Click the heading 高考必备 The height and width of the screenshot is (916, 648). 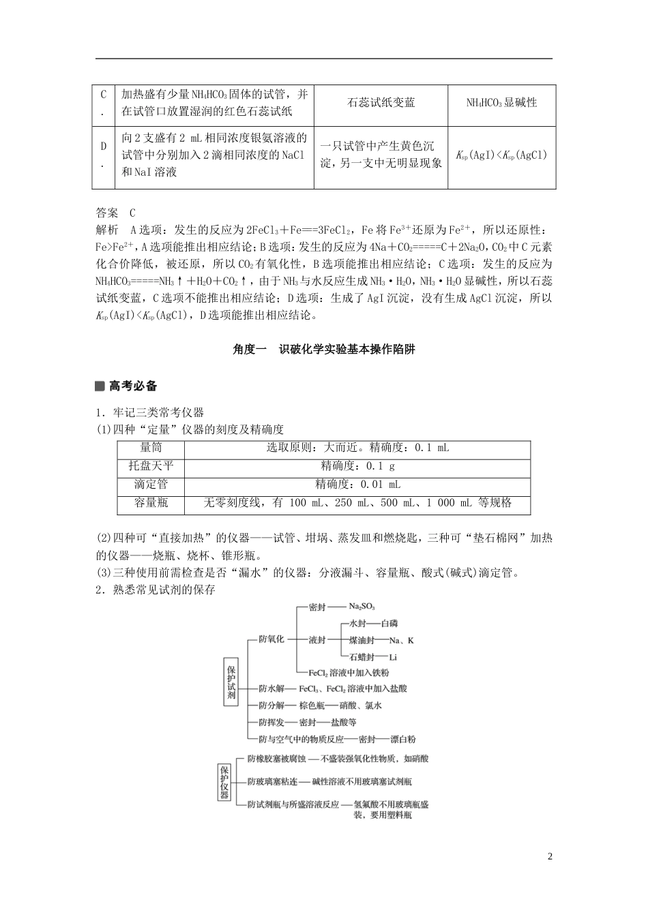coord(133,386)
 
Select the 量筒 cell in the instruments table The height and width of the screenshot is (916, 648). coord(151,448)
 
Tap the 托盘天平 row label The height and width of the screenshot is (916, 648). coord(151,466)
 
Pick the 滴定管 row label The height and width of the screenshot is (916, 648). coord(151,485)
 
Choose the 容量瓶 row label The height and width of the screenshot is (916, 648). coord(151,503)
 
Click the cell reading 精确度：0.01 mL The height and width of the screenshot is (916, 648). coord(357,485)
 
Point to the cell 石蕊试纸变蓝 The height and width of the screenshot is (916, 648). coord(381,103)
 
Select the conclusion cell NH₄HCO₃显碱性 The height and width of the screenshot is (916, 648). coord(501,103)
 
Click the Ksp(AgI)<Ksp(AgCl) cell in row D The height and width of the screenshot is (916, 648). coord(501,155)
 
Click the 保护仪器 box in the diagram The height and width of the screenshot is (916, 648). coord(224,781)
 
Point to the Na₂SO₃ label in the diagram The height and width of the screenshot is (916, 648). coord(362,606)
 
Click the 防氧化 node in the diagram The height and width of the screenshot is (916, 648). coord(271,639)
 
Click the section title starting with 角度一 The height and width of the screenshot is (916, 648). coord(323,350)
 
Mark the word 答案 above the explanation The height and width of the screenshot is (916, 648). coord(107,213)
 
